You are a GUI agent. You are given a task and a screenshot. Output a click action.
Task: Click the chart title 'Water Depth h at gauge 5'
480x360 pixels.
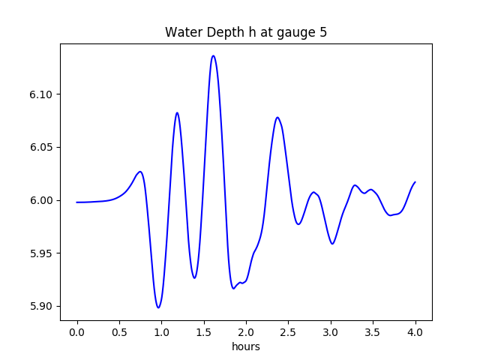point(246,33)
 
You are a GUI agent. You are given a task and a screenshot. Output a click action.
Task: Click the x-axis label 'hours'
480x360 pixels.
point(246,346)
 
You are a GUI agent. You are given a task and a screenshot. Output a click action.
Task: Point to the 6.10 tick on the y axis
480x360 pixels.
point(42,94)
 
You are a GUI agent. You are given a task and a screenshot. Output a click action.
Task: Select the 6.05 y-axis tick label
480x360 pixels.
point(42,148)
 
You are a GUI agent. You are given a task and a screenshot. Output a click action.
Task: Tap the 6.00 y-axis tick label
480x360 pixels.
point(42,200)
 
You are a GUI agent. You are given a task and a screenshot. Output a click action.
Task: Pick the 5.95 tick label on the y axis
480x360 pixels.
point(42,253)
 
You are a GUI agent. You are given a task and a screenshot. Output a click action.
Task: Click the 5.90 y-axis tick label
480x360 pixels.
point(42,306)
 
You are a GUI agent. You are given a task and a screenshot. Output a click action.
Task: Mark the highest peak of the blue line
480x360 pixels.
point(214,55)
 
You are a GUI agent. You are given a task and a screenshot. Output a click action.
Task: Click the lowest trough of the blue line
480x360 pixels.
point(158,307)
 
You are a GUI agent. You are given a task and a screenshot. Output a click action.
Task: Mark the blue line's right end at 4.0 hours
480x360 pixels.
point(415,182)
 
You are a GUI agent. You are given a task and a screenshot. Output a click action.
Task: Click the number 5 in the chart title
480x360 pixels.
point(323,33)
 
